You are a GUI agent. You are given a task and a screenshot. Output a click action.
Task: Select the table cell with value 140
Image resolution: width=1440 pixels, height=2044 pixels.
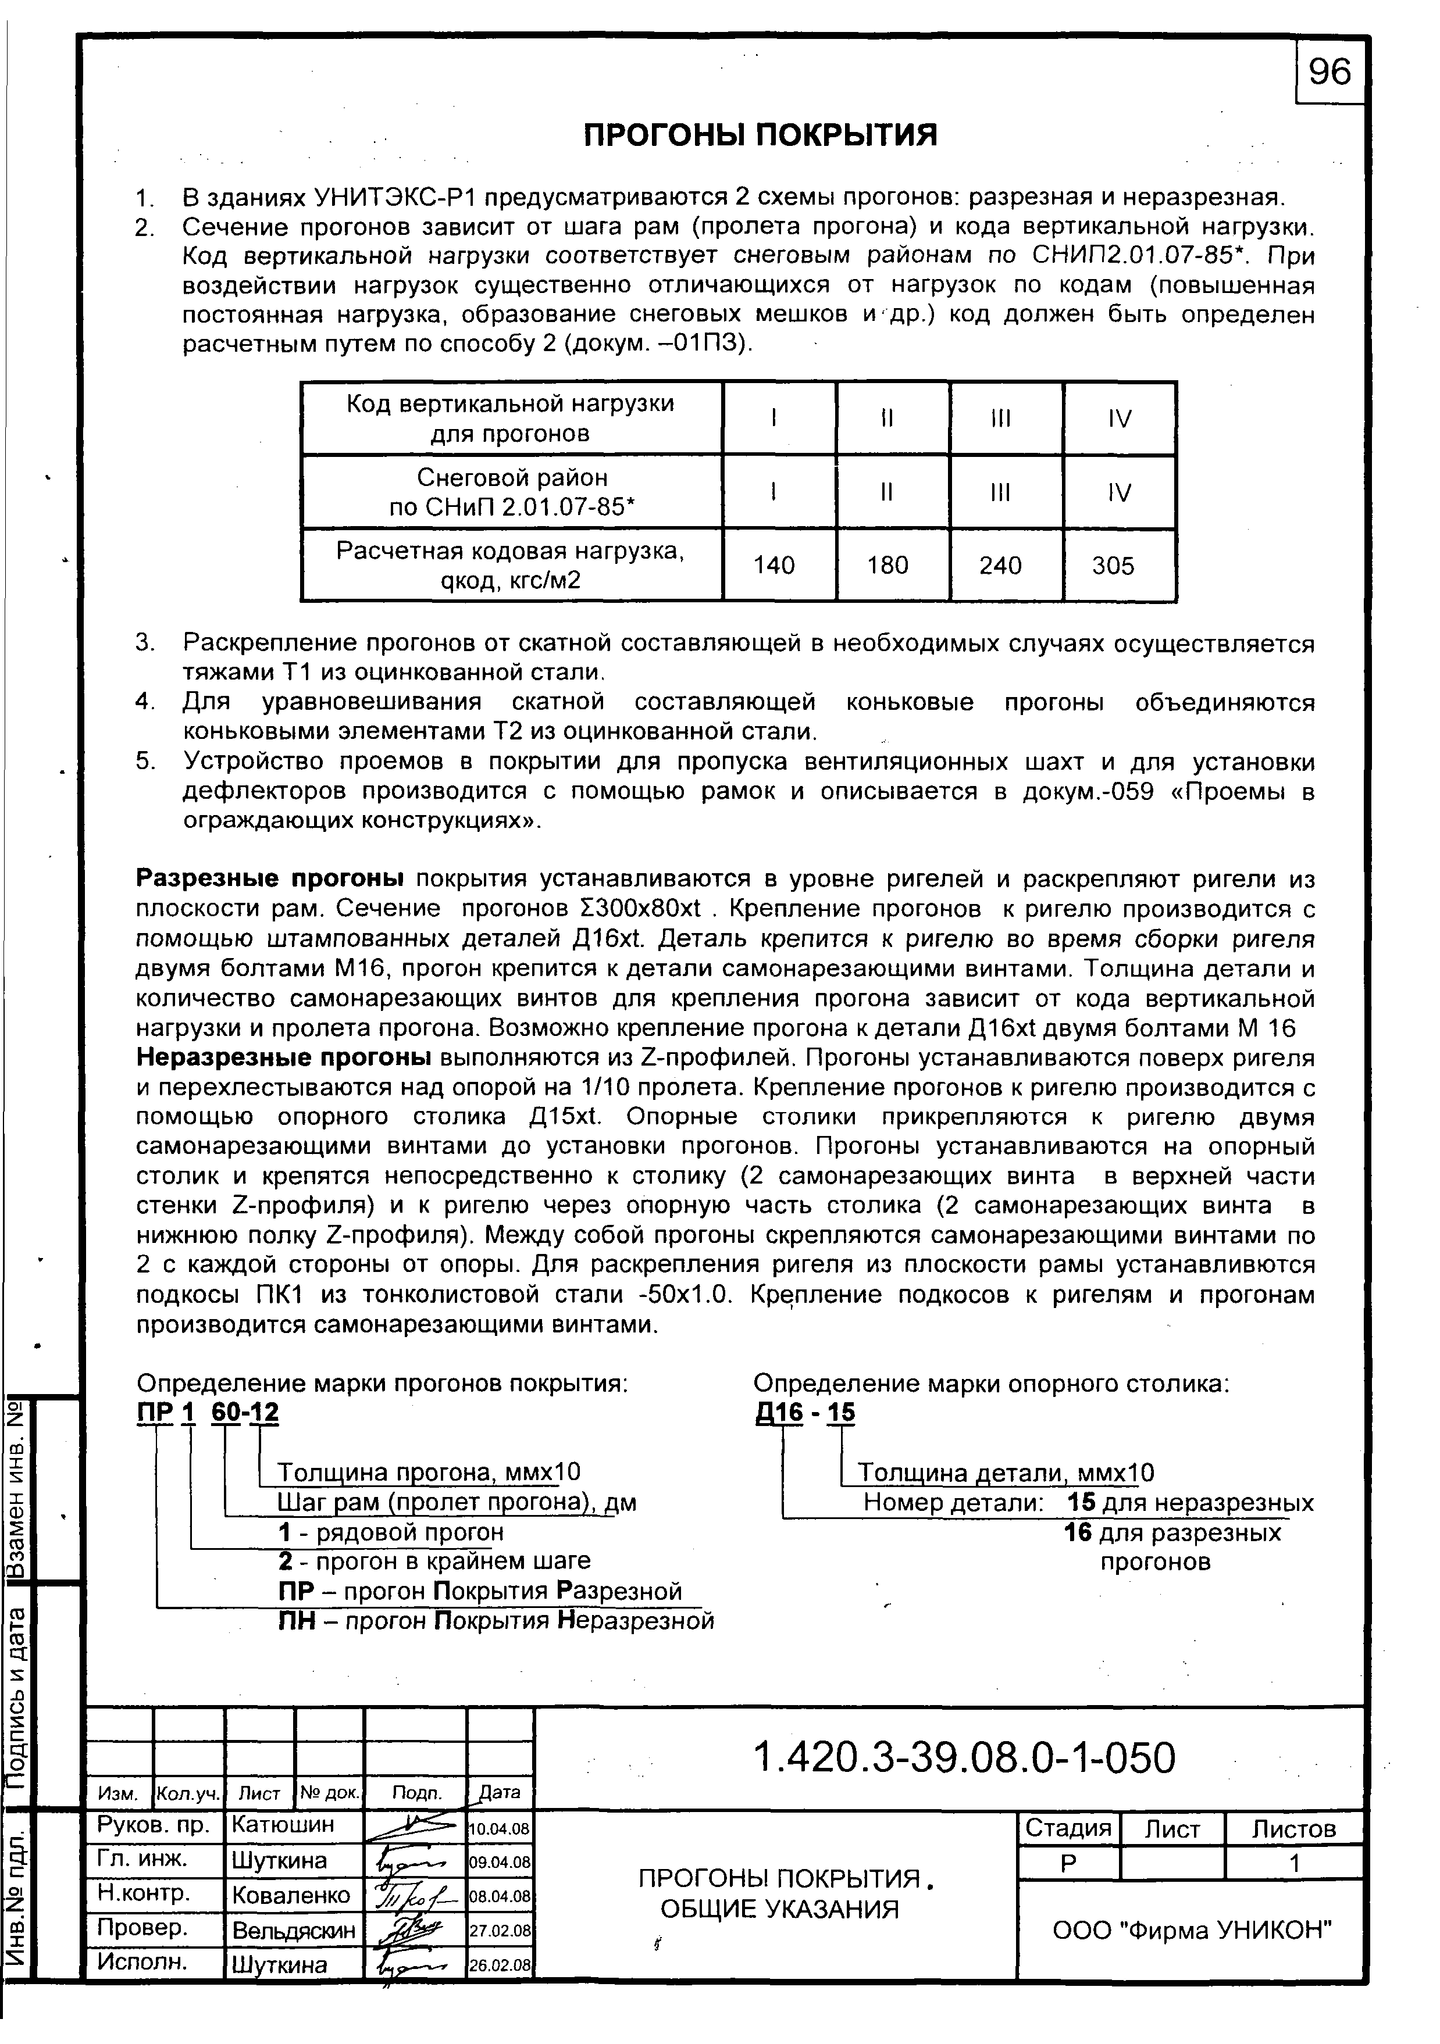coord(774,565)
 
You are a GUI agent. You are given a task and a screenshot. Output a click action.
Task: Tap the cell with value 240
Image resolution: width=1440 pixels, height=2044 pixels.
coord(1000,565)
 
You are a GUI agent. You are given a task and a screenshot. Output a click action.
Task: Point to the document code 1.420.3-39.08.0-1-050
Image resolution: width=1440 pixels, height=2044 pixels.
coord(964,1758)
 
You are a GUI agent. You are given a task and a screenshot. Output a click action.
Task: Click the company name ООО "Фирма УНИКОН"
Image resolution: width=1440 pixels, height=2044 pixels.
coord(1192,1929)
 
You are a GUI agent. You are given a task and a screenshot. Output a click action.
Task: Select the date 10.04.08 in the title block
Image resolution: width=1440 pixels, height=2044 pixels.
coord(500,1829)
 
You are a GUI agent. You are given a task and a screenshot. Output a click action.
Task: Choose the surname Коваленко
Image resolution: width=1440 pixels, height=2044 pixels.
coord(291,1895)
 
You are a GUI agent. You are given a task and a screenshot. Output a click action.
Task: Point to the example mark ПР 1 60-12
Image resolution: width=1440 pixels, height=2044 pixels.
coord(208,1413)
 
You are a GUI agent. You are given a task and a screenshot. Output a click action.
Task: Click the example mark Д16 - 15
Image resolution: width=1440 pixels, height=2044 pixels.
coord(804,1413)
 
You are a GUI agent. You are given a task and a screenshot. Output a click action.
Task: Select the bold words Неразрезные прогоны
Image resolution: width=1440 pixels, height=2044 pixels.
coord(283,1057)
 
